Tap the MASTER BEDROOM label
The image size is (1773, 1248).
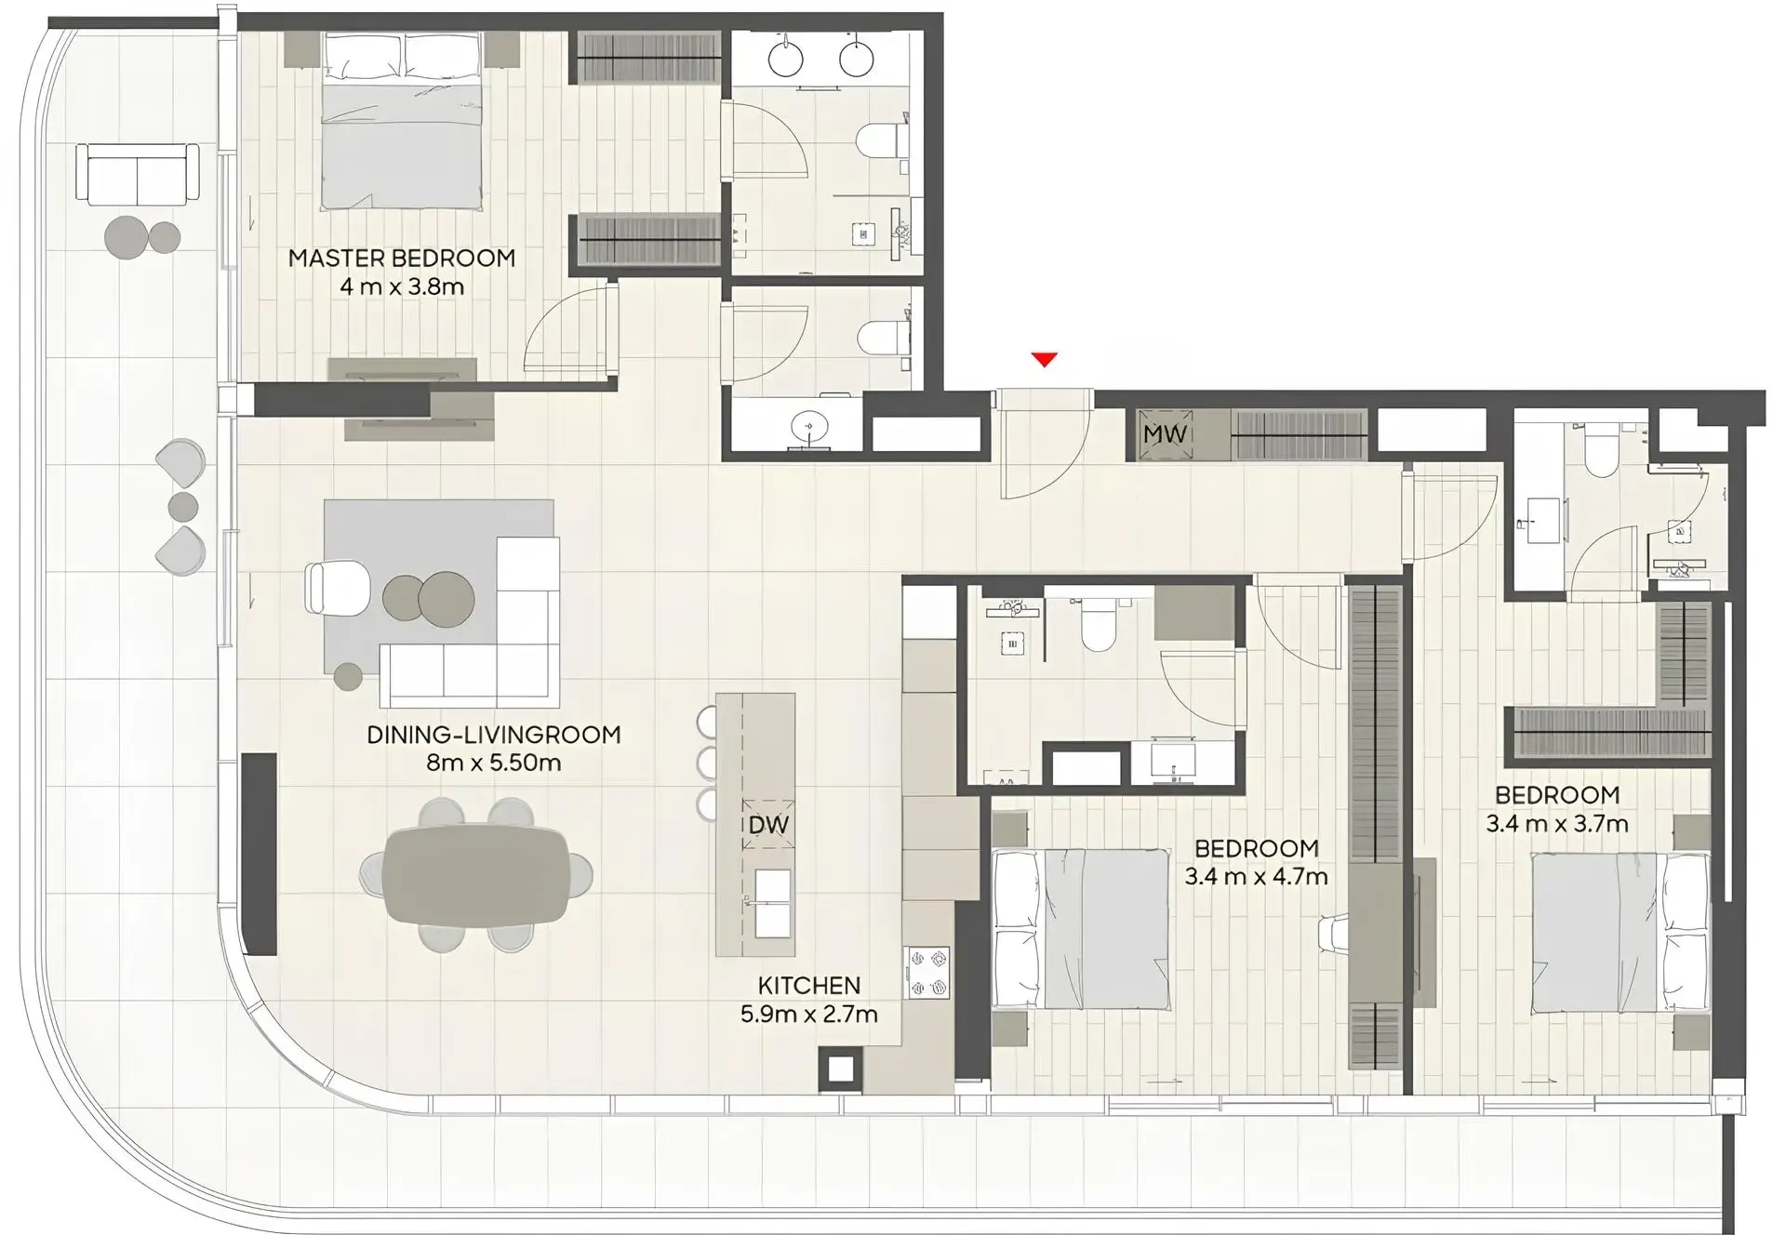402,258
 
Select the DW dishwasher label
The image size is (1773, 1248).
768,824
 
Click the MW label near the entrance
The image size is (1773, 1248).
1165,434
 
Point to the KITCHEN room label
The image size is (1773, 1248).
808,985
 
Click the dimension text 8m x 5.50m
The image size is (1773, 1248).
493,763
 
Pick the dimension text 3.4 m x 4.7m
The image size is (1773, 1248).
1256,876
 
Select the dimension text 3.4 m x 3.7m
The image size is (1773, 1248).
1556,823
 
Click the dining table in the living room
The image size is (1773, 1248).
476,875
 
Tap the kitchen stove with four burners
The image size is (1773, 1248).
927,973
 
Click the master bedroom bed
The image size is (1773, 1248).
402,121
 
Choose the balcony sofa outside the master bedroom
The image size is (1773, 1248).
138,174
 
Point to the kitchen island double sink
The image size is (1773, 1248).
773,903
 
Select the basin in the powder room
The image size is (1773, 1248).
809,428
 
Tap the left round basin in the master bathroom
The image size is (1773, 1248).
786,59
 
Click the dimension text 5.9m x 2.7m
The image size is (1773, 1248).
808,1014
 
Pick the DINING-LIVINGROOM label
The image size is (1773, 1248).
493,735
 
